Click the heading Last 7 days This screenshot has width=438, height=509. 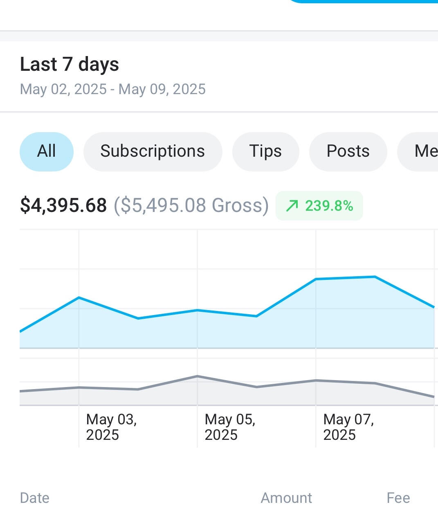point(70,64)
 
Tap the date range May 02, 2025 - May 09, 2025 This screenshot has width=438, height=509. point(113,89)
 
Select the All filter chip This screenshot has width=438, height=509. point(47,151)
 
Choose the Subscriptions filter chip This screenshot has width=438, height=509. point(153,151)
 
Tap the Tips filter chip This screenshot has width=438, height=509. point(265,151)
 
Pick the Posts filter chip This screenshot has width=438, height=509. point(348,151)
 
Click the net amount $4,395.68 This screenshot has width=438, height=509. point(63,205)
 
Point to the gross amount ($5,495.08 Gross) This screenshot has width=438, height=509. point(191,205)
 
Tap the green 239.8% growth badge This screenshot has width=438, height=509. point(319,205)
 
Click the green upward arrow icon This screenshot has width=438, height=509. point(292,205)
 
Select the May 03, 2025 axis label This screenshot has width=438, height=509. point(111,427)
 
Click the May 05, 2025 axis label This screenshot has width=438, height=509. point(230,427)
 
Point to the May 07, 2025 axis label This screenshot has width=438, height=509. point(348,427)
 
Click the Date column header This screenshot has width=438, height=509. point(35,498)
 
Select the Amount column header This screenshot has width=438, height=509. point(286,498)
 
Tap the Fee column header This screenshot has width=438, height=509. point(398,498)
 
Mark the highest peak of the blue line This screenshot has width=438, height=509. point(375,277)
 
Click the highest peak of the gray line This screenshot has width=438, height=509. point(197,376)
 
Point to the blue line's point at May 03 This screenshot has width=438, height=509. point(79,297)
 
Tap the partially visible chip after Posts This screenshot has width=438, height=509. point(421,151)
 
